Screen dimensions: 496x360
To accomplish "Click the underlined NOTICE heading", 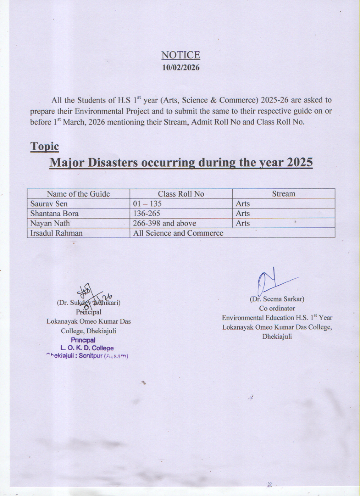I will (x=180, y=55).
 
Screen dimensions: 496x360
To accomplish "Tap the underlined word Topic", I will (x=44, y=146).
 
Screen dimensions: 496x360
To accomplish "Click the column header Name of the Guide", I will (x=78, y=194).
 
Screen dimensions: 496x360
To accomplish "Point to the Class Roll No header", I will (x=181, y=194).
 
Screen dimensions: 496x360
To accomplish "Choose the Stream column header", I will (x=283, y=194).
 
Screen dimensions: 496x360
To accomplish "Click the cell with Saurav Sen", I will (x=49, y=203).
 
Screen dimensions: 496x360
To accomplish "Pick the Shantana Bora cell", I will (x=55, y=213).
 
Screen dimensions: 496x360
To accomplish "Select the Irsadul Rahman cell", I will (x=56, y=233).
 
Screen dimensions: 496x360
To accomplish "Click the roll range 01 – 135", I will (x=147, y=203).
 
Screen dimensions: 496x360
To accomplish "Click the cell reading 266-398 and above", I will (x=164, y=223).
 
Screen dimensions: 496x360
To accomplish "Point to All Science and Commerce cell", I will (x=178, y=233).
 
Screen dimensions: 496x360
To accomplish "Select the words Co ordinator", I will (x=277, y=308).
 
